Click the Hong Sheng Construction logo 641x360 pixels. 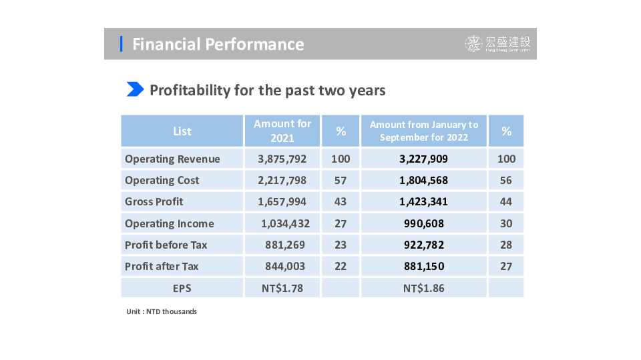498,44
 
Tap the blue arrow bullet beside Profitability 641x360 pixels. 135,89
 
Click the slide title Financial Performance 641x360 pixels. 218,44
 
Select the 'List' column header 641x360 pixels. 182,131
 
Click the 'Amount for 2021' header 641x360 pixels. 282,131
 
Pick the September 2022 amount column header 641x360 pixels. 424,131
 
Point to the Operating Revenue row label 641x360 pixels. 172,159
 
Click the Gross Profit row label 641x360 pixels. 154,201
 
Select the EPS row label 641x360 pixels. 182,288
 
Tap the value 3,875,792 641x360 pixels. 282,159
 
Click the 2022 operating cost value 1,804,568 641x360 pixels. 424,180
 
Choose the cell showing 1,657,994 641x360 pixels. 282,201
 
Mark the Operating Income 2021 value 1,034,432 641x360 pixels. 285,223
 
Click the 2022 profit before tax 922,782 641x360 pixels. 424,245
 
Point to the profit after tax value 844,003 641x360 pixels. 285,266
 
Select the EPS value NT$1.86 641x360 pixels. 424,288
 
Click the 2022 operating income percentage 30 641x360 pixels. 506,223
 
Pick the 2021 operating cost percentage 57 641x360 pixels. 341,180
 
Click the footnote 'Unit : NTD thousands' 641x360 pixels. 162,311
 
